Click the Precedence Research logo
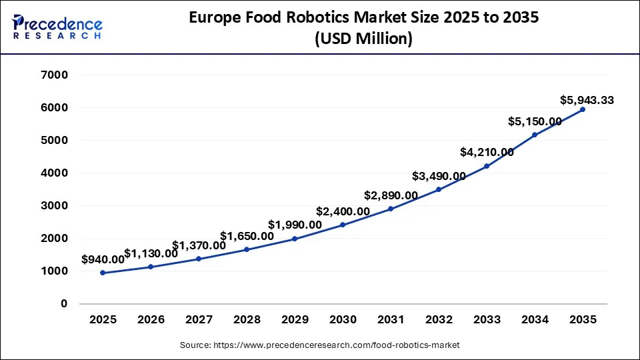click(57, 27)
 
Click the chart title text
click(363, 29)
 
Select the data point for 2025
click(103, 273)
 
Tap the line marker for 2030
click(343, 225)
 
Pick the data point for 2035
click(583, 109)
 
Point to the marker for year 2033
click(487, 166)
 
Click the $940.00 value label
click(103, 259)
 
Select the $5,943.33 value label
click(587, 101)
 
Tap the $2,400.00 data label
click(343, 211)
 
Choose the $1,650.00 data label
click(247, 236)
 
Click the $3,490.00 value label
click(439, 176)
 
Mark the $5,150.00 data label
click(535, 122)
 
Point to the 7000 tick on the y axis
click(55, 75)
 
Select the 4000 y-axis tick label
click(55, 173)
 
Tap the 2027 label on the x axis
click(199, 319)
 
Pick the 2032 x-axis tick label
click(439, 319)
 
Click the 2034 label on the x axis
click(535, 319)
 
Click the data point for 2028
click(247, 249)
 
